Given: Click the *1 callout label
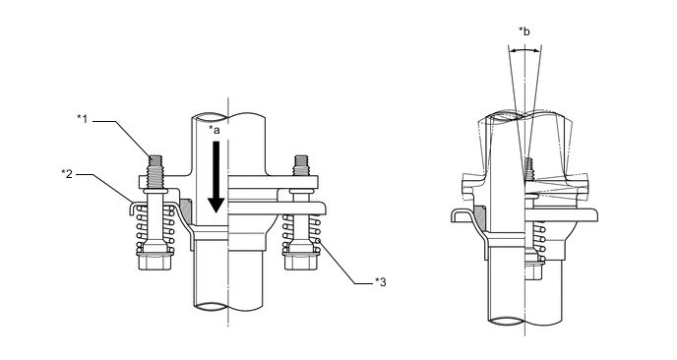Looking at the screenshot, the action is (x=82, y=119).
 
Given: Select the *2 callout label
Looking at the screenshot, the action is (x=67, y=174).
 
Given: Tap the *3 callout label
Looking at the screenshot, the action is (x=381, y=282).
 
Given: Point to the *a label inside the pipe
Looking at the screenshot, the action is (x=215, y=130).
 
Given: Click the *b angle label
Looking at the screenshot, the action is (x=524, y=31).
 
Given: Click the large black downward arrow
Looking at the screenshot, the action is (x=215, y=177).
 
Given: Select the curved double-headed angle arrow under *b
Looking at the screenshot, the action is (x=524, y=50).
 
